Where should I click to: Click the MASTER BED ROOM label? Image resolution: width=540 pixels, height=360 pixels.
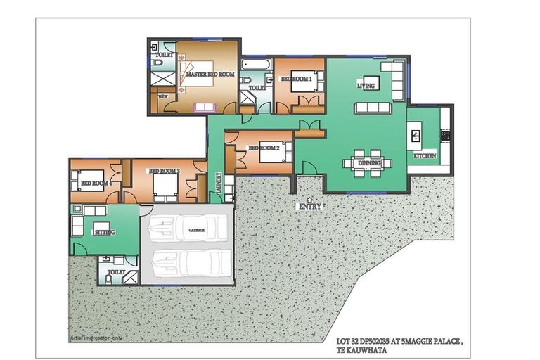click(x=210, y=73)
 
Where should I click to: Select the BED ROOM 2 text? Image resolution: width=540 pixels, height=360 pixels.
click(x=264, y=148)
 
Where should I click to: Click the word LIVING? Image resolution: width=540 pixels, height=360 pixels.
click(x=366, y=85)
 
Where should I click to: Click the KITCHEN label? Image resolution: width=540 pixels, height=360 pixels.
click(x=424, y=155)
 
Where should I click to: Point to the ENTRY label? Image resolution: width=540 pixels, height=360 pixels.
click(x=310, y=207)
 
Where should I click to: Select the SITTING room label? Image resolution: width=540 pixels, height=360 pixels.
click(x=105, y=232)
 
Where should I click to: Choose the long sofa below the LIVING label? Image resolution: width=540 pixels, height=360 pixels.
click(x=371, y=108)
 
